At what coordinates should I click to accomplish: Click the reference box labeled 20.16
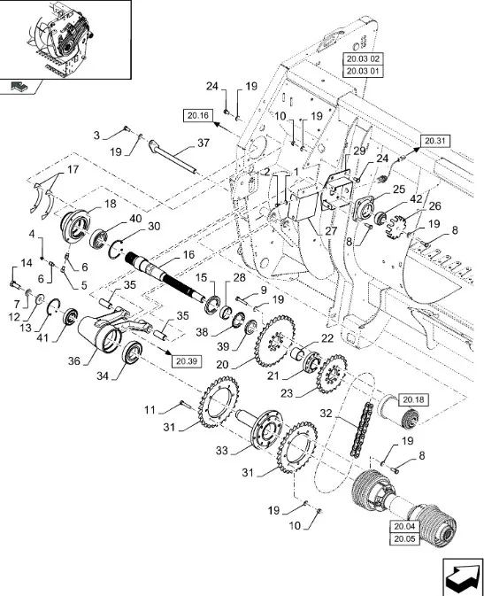pyautogui.click(x=198, y=115)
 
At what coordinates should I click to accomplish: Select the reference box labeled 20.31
pyautogui.click(x=434, y=141)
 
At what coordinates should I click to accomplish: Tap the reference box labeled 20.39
pyautogui.click(x=187, y=361)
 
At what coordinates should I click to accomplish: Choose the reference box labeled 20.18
pyautogui.click(x=413, y=400)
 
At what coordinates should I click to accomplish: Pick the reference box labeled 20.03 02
pyautogui.click(x=363, y=59)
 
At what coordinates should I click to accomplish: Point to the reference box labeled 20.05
pyautogui.click(x=404, y=539)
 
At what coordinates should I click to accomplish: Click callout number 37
pyautogui.click(x=204, y=143)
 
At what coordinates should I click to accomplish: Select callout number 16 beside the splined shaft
pyautogui.click(x=188, y=255)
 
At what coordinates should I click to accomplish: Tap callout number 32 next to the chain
pyautogui.click(x=326, y=414)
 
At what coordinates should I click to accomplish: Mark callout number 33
pyautogui.click(x=222, y=451)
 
